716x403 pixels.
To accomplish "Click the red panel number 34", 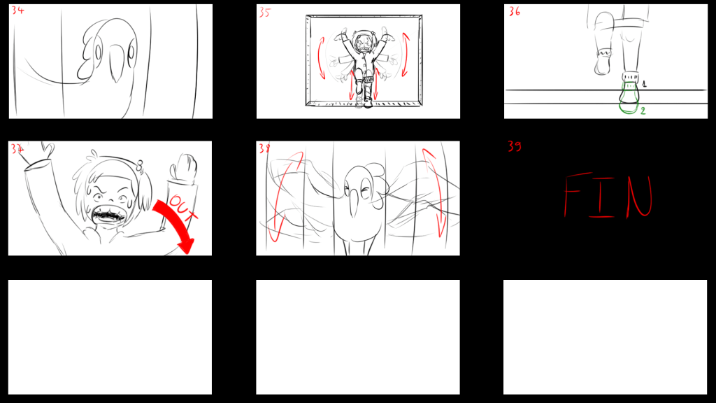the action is coord(17,10).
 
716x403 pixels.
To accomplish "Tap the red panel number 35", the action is coord(265,13).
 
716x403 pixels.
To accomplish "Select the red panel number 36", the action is coord(514,11).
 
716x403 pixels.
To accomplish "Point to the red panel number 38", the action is coord(264,148).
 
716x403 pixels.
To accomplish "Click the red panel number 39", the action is coord(514,146).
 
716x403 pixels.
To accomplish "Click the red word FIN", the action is coord(608,195).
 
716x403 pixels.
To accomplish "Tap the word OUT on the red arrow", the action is coord(183,208).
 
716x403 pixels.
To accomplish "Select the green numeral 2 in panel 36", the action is coord(643,111).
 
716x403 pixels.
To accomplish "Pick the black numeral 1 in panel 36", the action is coord(644,84).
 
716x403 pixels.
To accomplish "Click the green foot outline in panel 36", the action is coord(629,97).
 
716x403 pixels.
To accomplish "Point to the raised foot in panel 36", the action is coord(603,62).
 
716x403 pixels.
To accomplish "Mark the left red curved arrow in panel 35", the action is coord(321,59).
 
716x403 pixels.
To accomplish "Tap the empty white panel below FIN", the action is coord(605,337).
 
